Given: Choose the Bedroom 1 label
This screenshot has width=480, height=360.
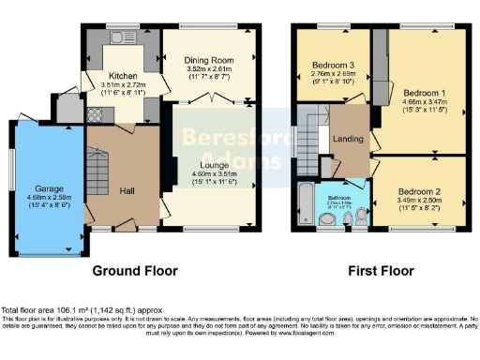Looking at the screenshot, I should point(425,94).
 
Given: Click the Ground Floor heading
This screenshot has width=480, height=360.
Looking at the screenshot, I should point(138,271).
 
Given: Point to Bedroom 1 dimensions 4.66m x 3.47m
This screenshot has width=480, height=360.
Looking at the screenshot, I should point(425,104).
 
